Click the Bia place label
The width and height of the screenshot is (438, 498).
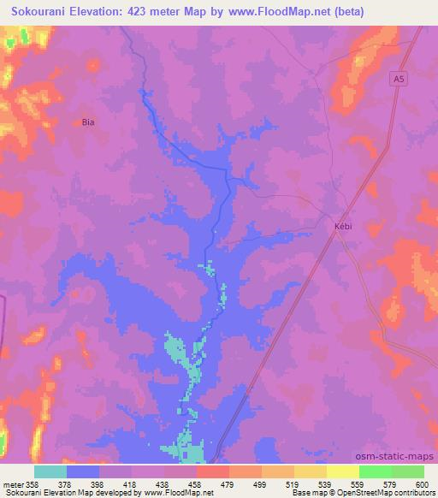tap(87, 122)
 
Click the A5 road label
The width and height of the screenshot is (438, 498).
tap(399, 79)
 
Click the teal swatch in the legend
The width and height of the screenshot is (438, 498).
tap(50, 471)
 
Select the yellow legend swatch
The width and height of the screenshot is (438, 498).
tap(342, 471)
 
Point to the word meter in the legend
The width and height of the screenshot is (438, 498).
tap(14, 485)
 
